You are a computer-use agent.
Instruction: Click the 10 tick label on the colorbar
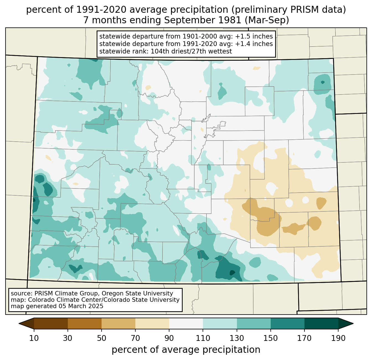click(34, 338)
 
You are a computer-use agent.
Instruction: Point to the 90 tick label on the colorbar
click(169, 338)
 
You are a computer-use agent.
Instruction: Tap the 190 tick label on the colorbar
click(338, 338)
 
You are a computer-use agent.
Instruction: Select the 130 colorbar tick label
click(237, 338)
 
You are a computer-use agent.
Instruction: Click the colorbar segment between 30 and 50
click(85, 323)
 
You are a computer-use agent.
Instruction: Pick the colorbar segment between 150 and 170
click(288, 323)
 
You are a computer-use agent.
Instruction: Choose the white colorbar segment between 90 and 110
click(186, 323)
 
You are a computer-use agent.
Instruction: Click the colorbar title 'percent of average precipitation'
click(186, 350)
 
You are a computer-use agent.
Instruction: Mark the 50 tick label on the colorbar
click(102, 338)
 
